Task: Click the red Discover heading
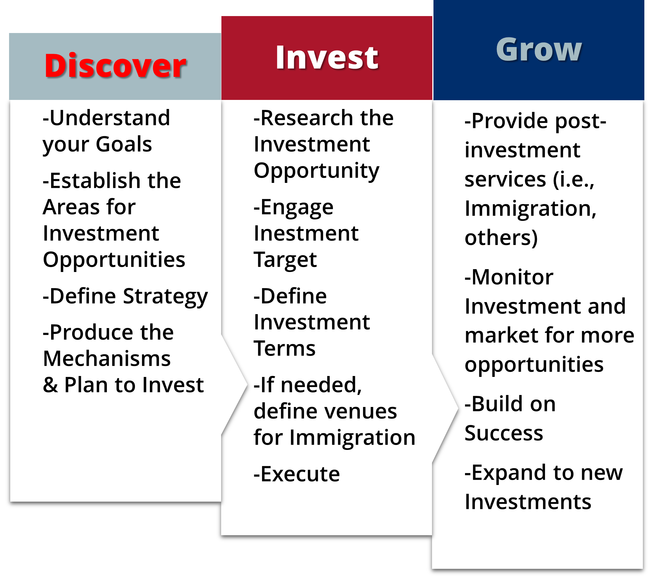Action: (x=115, y=66)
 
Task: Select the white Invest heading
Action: (x=327, y=58)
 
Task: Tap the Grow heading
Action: (x=539, y=50)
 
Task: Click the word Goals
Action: (x=124, y=144)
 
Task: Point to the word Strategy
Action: (x=166, y=297)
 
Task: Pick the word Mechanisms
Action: (x=107, y=358)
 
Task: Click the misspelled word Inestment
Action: (x=306, y=233)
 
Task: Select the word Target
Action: (x=285, y=260)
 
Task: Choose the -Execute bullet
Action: (x=296, y=474)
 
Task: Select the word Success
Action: (x=504, y=433)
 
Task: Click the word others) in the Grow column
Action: (x=501, y=238)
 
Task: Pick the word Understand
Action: (x=110, y=118)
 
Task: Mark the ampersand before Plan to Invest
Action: (x=50, y=385)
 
